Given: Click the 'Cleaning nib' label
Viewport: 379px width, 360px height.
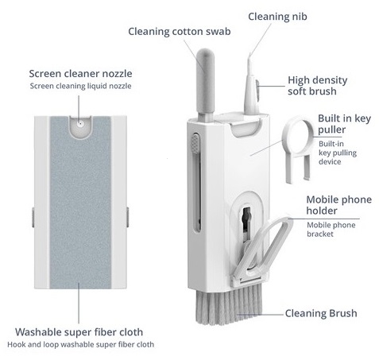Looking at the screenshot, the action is pos(277,17).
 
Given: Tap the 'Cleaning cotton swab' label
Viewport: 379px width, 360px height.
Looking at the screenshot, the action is pos(180,32).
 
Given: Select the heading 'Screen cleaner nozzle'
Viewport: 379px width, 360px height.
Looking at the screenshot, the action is pos(80,74).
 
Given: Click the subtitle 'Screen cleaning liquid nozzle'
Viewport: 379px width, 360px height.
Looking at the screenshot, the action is pos(80,86).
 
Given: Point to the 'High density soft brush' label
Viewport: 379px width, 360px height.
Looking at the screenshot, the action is pos(317,86).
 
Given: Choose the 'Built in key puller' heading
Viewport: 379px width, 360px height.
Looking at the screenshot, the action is pos(344,124).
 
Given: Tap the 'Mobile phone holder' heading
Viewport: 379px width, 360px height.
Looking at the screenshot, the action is pos(339,205).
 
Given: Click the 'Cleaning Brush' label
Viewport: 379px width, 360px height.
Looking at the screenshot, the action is pos(321,313).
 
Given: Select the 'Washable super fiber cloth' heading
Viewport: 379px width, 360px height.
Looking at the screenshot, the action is pos(79,332).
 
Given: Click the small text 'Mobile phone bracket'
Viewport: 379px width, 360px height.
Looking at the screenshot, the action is pos(331,230).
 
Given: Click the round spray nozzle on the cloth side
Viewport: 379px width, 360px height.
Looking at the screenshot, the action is pos(80,123).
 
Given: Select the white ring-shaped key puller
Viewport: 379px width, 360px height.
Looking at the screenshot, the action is pos(296,149).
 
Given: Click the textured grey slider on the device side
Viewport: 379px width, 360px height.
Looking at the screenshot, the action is pos(195,144).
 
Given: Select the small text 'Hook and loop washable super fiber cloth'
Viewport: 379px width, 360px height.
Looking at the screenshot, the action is pos(80,345).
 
